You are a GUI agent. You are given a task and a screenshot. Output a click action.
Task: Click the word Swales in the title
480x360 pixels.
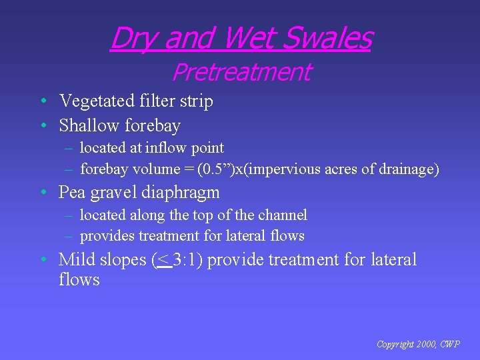click(x=327, y=38)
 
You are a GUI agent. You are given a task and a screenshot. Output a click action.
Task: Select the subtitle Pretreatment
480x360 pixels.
click(x=241, y=72)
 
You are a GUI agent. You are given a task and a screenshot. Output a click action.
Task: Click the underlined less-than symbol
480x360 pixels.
click(x=162, y=259)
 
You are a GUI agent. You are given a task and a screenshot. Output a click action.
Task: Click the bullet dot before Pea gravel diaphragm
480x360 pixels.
click(x=42, y=193)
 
